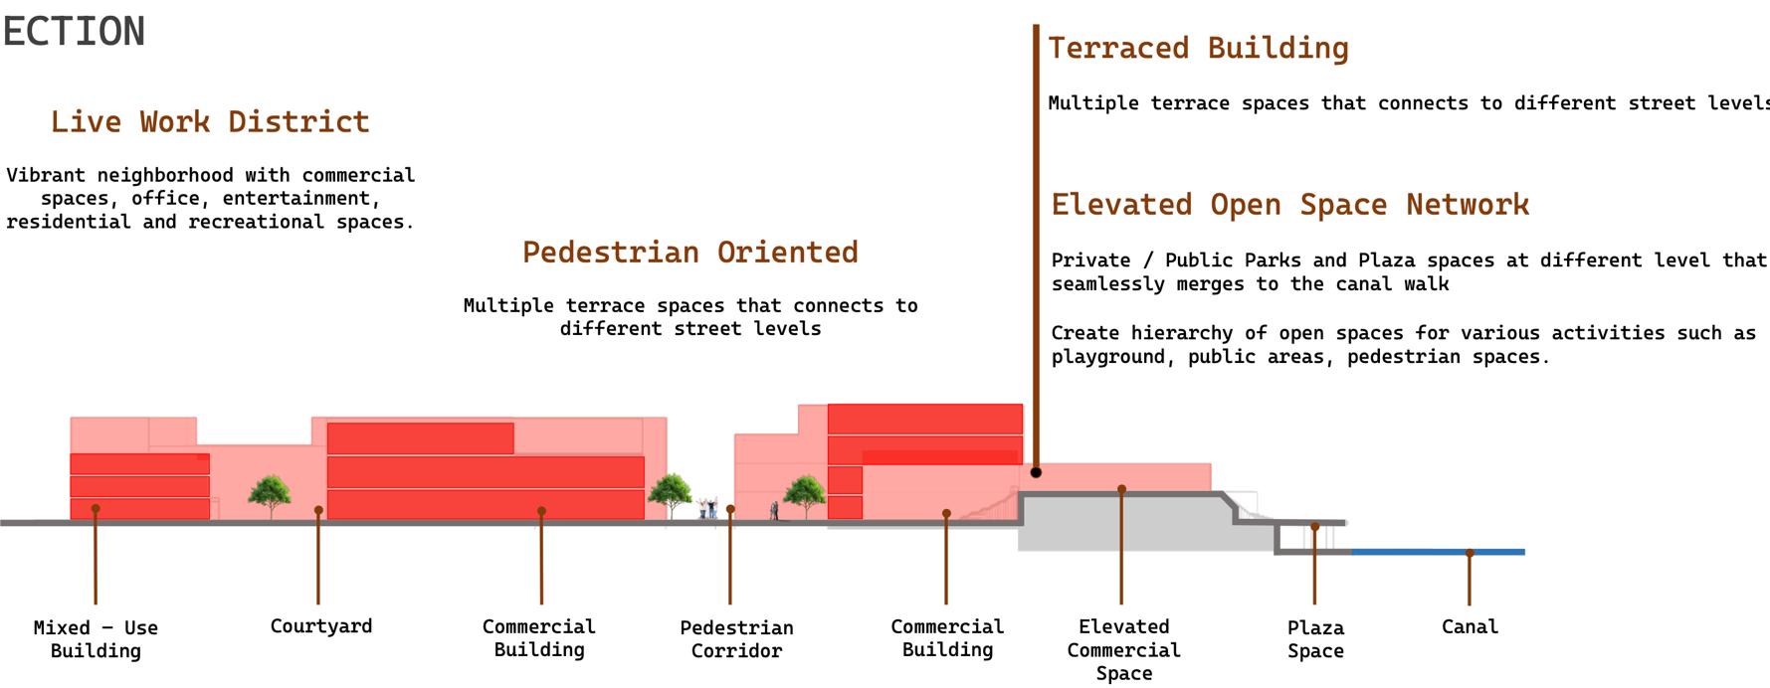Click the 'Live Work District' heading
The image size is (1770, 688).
210,122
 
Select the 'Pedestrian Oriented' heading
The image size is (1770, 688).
689,253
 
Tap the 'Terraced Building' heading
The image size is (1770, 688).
1198,49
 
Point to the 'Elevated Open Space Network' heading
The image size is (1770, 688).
1289,205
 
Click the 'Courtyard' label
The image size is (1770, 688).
320,626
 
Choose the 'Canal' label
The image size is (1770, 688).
1470,627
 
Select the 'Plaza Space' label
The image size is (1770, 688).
1315,639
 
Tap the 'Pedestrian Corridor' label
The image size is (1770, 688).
736,639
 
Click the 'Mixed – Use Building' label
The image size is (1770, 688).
96,639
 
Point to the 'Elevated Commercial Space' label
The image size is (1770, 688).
1123,650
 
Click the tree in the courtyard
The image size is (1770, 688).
270,494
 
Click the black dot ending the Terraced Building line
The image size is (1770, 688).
1036,472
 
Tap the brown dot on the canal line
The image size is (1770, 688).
1470,553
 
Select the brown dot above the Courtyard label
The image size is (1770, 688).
318,510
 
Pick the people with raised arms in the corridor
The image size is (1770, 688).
708,508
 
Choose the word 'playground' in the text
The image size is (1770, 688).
1107,357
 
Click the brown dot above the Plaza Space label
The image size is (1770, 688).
1314,527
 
